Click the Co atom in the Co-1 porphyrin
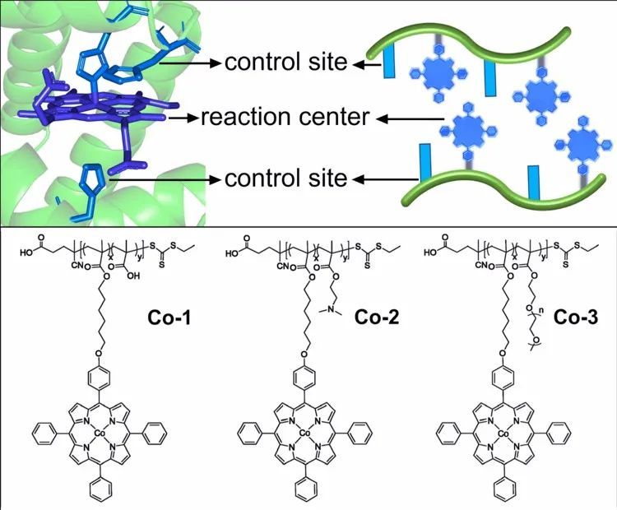(100, 431)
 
